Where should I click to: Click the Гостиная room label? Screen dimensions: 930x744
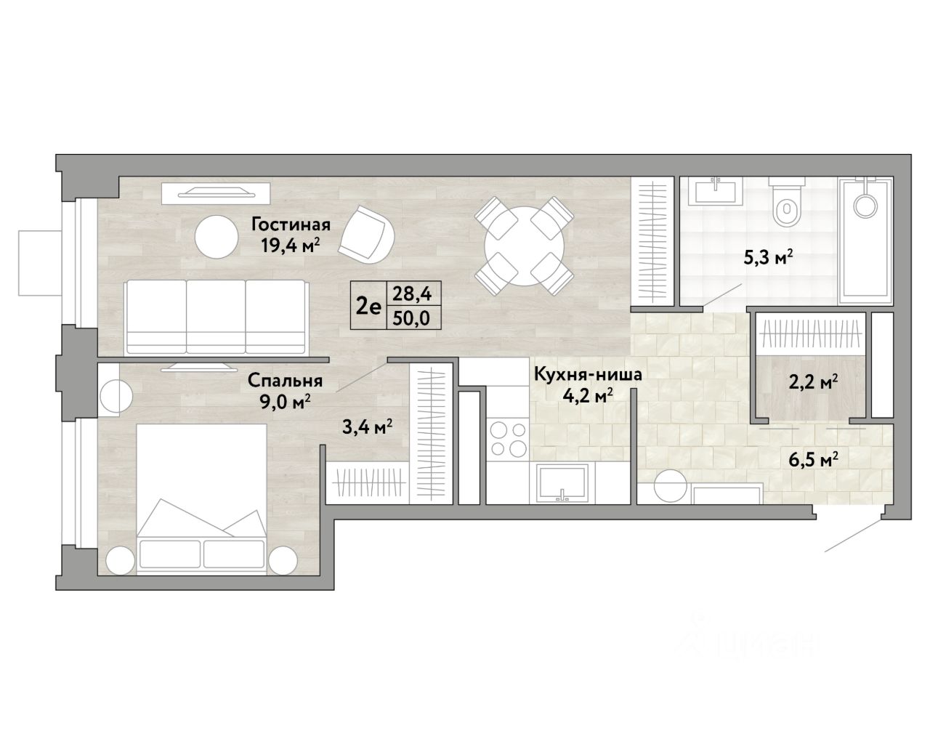pos(291,225)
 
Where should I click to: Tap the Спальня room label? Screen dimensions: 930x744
pos(286,381)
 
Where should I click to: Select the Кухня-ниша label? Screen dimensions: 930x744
pos(588,374)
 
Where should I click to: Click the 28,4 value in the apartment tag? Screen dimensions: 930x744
pos(412,294)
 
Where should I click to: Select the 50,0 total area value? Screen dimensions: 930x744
pos(412,319)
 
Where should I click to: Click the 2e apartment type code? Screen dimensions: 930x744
pos(368,307)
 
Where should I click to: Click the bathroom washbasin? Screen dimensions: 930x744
pos(716,191)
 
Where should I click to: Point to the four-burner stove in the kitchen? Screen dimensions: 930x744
pos(508,439)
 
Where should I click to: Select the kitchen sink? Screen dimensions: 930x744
pos(562,482)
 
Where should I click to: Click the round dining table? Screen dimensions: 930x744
pos(524,246)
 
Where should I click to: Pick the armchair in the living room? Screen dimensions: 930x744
pos(366,235)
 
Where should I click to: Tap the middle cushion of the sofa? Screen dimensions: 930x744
pos(216,318)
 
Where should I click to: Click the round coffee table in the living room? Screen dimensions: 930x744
pos(217,237)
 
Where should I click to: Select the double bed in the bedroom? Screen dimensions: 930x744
pos(201,499)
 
